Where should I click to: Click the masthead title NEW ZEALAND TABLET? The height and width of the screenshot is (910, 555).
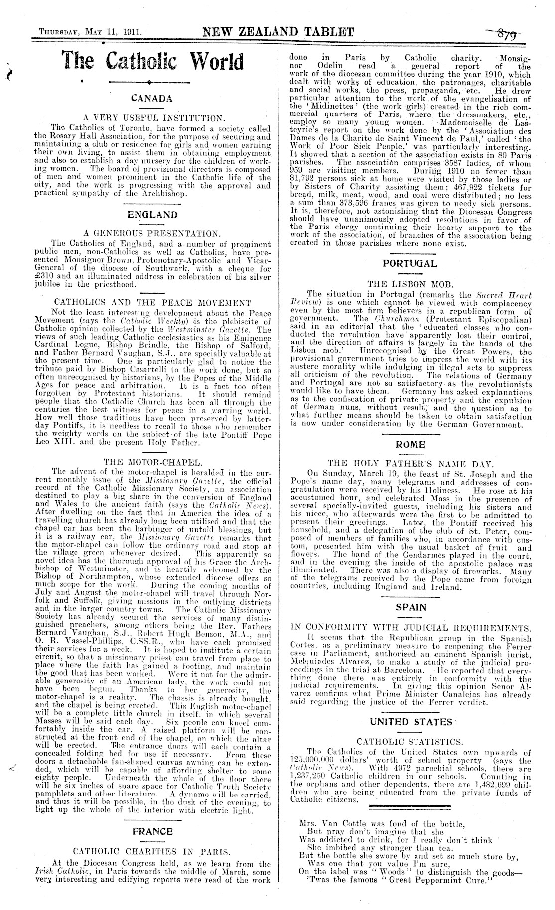278,33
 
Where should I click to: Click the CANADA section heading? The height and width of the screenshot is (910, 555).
152,98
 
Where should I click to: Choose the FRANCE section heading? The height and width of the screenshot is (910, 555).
152,841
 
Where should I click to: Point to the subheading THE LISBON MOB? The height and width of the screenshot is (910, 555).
410,284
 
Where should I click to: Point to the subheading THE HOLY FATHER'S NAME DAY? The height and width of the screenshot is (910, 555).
410,464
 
